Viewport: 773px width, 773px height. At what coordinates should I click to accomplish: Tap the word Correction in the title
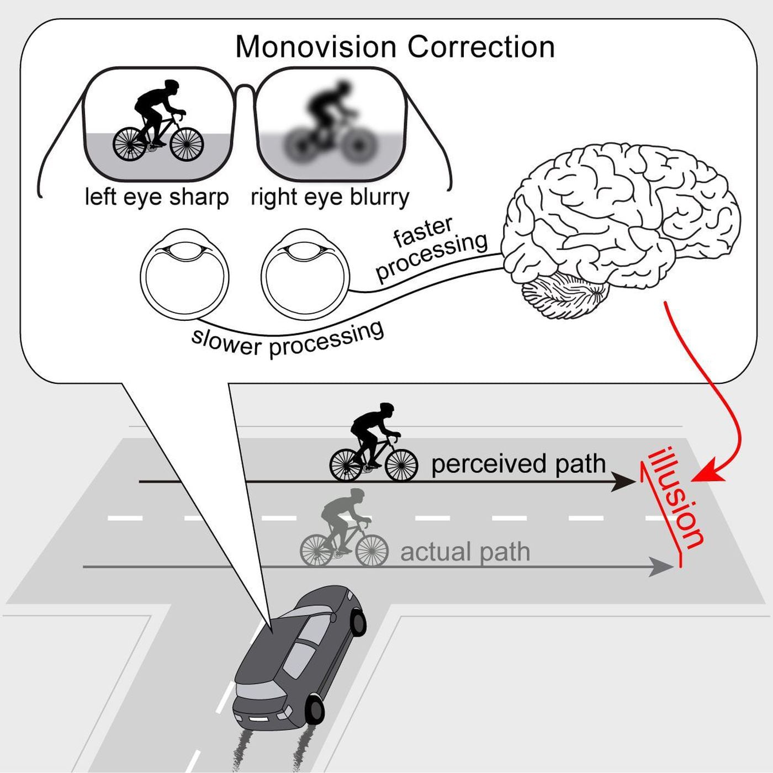pos(481,47)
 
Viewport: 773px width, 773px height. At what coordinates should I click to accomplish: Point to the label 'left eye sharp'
pos(157,197)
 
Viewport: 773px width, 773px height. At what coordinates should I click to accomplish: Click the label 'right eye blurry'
pos(330,197)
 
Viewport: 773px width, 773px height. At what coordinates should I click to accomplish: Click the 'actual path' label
pos(465,552)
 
